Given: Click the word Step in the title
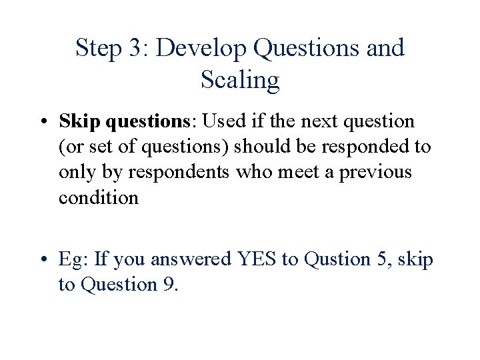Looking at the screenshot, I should coord(97,49).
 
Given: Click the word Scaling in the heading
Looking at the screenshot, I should coord(239,81).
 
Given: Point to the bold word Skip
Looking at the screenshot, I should coord(79,122).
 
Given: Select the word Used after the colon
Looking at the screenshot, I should coord(227,122).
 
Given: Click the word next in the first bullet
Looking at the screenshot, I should coord(319,122).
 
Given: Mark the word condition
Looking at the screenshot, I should coord(99,197).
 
